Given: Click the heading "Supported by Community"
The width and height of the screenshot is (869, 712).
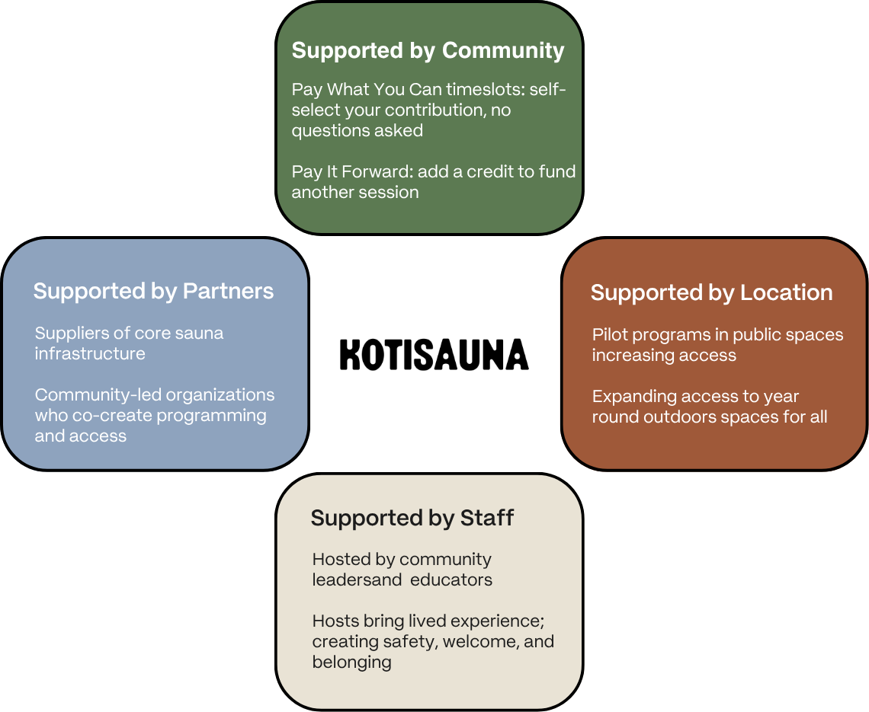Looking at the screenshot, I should [x=428, y=51].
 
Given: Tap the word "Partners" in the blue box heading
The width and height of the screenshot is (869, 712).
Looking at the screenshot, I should [x=228, y=291].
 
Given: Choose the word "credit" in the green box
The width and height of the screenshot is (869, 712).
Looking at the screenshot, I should [x=492, y=171].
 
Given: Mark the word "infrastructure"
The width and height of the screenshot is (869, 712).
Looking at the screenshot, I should [x=90, y=353].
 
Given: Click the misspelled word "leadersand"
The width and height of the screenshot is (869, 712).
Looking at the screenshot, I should [x=357, y=579].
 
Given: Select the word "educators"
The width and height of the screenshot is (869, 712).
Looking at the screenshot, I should [x=451, y=579].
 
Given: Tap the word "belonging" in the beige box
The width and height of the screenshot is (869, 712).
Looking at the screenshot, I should [x=351, y=662].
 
